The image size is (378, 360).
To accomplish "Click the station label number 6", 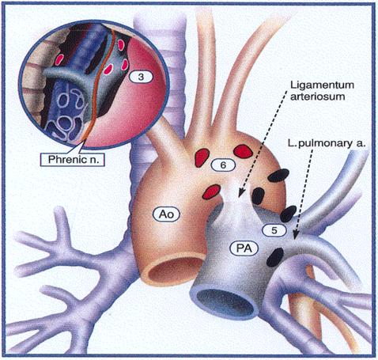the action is pos(223,165).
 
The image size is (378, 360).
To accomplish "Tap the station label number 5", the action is pos(274,230).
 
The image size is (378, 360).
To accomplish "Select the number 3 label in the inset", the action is pos(141,77).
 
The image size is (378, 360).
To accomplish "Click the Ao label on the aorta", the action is pos(166,214).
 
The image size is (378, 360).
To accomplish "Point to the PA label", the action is pos(244,248).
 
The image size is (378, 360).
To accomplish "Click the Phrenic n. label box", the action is pos(73,159).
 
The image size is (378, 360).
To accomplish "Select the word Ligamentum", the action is pos(322,85).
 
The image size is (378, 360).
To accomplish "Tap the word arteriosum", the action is pos(318,97).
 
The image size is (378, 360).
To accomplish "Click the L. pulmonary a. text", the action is pos(327,144).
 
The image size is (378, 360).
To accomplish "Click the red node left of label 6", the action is pos(202,157).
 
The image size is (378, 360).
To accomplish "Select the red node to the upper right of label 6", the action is pos(244,151).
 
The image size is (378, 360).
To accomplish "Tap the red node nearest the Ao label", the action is pos(211,191).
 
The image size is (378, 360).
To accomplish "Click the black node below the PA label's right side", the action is pos(275,257).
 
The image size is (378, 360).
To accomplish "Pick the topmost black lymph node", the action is pos(278,176).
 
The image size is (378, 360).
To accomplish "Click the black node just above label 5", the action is pos(288,214).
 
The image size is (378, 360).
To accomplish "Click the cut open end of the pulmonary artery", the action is pos(225,301).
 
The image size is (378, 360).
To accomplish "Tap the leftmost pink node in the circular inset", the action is pos(59,59).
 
